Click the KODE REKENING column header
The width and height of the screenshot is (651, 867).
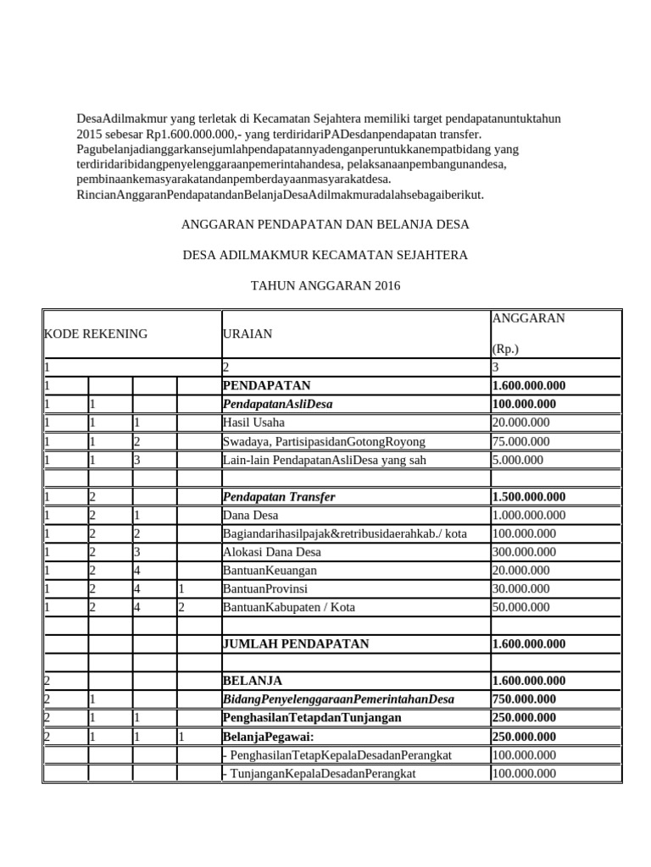(96, 334)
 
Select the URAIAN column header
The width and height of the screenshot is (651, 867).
(247, 334)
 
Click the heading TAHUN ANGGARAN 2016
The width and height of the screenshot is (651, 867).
(325, 286)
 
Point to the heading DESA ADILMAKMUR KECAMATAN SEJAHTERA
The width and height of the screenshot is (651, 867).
(325, 255)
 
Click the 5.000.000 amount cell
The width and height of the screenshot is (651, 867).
(517, 460)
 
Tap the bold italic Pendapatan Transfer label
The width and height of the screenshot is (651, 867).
(279, 496)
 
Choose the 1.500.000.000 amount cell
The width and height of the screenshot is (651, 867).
(528, 496)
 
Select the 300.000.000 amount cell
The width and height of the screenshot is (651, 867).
(523, 552)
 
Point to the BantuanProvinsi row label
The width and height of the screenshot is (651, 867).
(264, 588)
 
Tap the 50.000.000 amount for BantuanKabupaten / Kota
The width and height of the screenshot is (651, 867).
(520, 607)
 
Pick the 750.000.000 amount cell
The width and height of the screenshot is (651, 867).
(524, 699)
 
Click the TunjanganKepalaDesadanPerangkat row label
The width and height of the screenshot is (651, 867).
(320, 773)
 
